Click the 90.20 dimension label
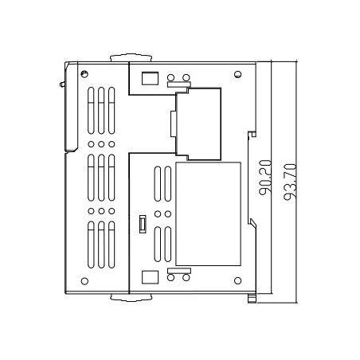click(265, 178)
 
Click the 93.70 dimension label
click(290, 182)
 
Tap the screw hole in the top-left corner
click(84, 74)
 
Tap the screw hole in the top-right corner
click(238, 74)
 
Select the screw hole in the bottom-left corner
click(84, 281)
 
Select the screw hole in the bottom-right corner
click(238, 280)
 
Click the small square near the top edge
click(150, 78)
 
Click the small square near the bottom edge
click(150, 277)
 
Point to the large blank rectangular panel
click(209, 214)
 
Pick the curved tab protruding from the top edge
click(131, 57)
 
